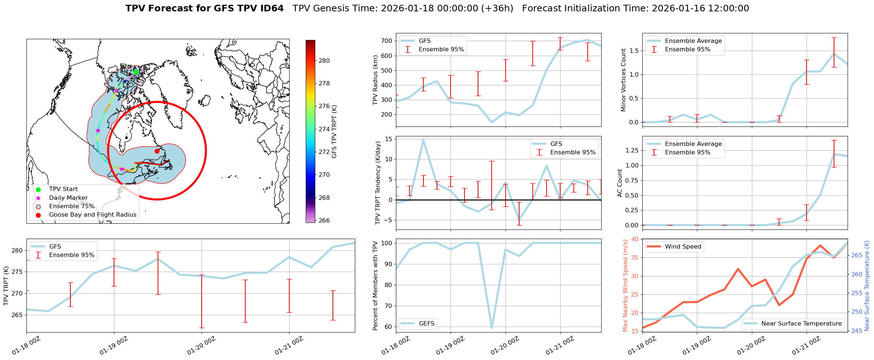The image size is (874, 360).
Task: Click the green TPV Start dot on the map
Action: pyautogui.click(x=136, y=72)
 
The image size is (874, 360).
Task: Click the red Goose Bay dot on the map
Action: pyautogui.click(x=157, y=151)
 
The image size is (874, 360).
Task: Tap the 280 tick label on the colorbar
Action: pyautogui.click(x=324, y=61)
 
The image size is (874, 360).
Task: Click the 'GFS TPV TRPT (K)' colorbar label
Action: pyautogui.click(x=334, y=132)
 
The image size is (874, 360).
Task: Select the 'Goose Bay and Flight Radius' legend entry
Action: pyautogui.click(x=92, y=215)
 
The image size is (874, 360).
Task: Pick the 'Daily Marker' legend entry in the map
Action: pyautogui.click(x=68, y=198)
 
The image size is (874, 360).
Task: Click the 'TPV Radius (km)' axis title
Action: pyautogui.click(x=375, y=80)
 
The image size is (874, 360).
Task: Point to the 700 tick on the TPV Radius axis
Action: pyautogui.click(x=387, y=41)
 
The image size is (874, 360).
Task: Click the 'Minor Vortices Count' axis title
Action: pyautogui.click(x=624, y=80)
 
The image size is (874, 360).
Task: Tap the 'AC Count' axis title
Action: pyautogui.click(x=620, y=183)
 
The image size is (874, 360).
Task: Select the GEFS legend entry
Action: pyautogui.click(x=426, y=324)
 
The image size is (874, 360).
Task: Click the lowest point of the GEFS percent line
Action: pyautogui.click(x=492, y=328)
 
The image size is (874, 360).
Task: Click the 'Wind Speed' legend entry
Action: pyautogui.click(x=683, y=247)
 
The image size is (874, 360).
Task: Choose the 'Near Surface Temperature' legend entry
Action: pyautogui.click(x=801, y=324)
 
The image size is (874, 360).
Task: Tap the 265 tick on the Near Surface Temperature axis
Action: pyautogui.click(x=856, y=255)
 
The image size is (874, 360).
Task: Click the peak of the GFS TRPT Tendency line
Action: pyautogui.click(x=423, y=140)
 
